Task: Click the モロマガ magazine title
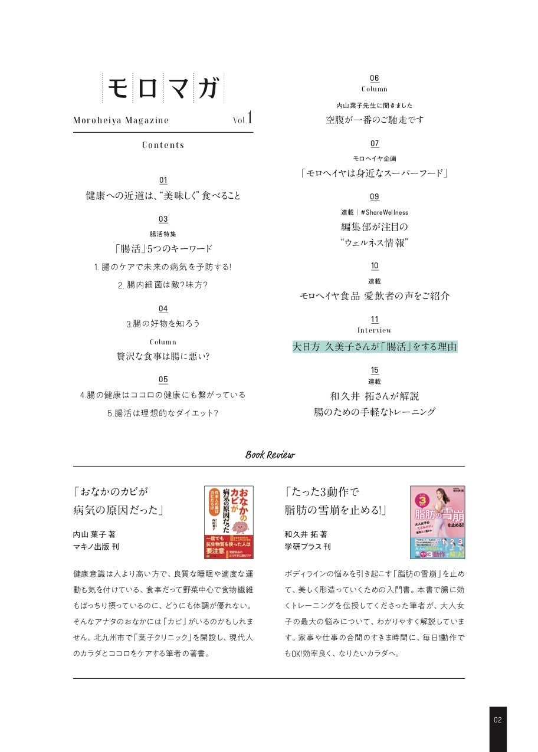tap(163, 88)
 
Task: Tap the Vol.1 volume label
tap(242, 119)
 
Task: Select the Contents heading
tap(163, 145)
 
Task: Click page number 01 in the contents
tap(163, 180)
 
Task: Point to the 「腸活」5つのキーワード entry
tap(163, 249)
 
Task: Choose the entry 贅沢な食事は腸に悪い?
tap(163, 356)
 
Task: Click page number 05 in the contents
tap(163, 380)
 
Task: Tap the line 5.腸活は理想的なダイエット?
tap(163, 413)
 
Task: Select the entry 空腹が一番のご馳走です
tap(375, 120)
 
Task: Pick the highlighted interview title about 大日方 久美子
tap(375, 347)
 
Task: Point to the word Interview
tap(375, 330)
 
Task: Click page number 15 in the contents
tap(375, 370)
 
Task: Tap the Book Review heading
tap(270, 455)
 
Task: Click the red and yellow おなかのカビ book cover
tap(228, 522)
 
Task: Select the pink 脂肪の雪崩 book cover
tap(437, 522)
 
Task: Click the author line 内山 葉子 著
tap(94, 534)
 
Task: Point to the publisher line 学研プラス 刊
tap(307, 547)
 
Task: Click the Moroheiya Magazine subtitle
tap(121, 120)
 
